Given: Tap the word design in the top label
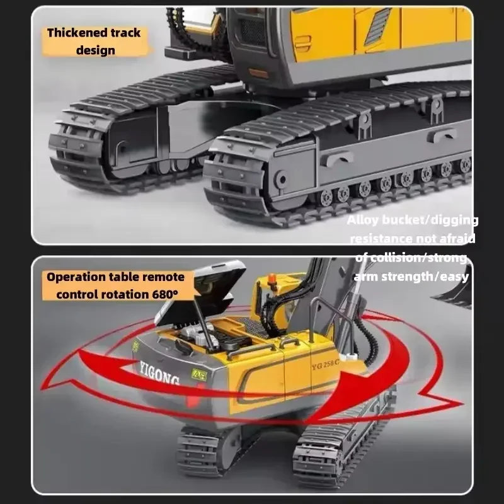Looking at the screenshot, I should tap(96, 50).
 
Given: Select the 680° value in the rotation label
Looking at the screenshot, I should tap(165, 294).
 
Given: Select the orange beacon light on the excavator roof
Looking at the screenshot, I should tap(273, 279).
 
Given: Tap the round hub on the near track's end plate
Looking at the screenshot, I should tap(281, 180).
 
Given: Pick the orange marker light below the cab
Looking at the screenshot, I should tap(259, 72).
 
